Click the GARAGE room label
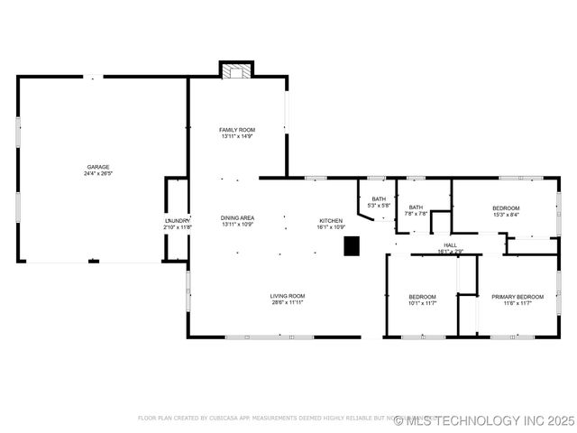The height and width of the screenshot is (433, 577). (x=98, y=167)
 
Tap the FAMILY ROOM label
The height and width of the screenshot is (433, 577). (x=237, y=130)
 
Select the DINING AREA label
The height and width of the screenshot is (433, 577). (x=237, y=217)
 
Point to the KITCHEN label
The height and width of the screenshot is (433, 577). (x=331, y=221)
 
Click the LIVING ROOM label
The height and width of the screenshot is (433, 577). (x=288, y=296)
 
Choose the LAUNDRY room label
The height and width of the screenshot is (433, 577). (x=177, y=221)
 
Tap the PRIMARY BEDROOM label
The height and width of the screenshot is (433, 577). (x=517, y=297)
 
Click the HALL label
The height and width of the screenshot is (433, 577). (x=450, y=244)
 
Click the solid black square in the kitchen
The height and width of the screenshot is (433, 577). (x=352, y=245)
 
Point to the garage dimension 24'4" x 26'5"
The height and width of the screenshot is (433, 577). (x=98, y=173)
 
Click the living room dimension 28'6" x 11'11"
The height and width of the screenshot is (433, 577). (x=288, y=302)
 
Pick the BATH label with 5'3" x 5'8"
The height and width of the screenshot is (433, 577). (x=380, y=199)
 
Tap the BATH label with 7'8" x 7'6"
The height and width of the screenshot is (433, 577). (x=416, y=207)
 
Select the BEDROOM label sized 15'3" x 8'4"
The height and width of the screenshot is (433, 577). (x=506, y=208)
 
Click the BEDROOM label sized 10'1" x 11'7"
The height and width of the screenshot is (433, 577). (x=422, y=297)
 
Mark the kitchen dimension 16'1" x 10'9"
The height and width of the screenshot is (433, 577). (x=331, y=227)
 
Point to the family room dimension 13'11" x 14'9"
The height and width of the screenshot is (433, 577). (x=237, y=136)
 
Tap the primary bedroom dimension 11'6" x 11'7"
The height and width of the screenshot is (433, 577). (x=517, y=303)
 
